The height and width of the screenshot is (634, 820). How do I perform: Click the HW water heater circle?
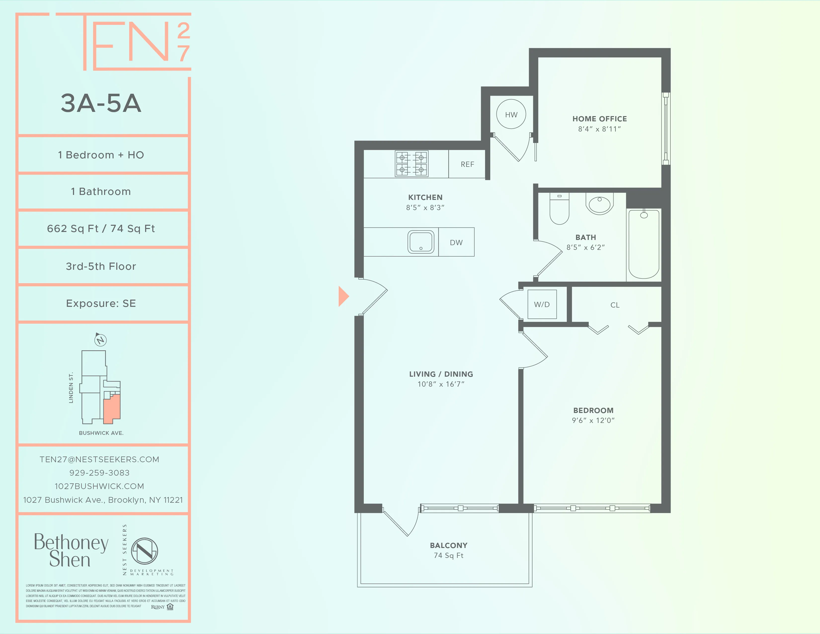[511, 114]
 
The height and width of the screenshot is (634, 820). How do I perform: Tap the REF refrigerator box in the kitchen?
[467, 164]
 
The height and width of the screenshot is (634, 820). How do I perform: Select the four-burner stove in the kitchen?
[411, 164]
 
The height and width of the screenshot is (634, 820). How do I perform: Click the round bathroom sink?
[600, 204]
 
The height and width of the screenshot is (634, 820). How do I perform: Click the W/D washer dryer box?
[542, 304]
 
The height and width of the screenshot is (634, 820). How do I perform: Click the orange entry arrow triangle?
[343, 296]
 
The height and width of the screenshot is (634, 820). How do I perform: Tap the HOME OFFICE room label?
[600, 119]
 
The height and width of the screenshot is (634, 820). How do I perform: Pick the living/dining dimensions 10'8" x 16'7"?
[441, 384]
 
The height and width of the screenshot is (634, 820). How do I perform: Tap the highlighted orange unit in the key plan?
[112, 410]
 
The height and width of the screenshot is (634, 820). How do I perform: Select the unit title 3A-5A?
[101, 103]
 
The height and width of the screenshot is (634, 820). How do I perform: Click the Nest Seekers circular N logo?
[145, 551]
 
